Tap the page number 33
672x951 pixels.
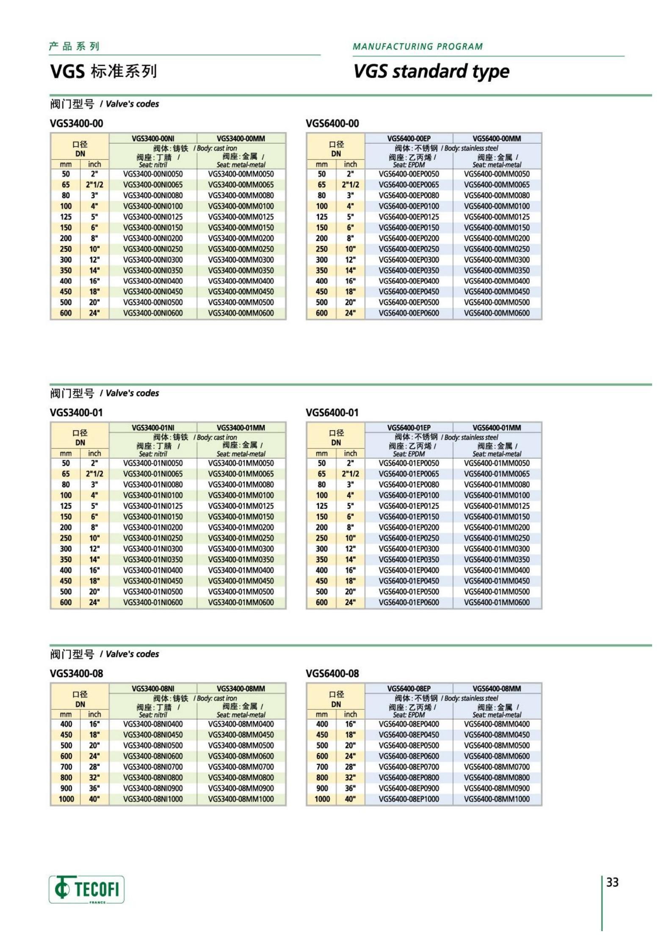click(x=612, y=882)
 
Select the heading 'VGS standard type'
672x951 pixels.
click(x=431, y=71)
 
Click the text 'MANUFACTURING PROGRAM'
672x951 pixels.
click(x=418, y=47)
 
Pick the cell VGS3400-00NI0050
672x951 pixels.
click(x=153, y=174)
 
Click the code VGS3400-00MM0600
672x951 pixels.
click(x=241, y=313)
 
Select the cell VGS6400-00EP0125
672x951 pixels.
click(x=409, y=217)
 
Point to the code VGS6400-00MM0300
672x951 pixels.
click(x=497, y=260)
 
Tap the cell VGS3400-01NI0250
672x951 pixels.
click(x=153, y=538)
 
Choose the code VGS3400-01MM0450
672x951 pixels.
click(x=241, y=581)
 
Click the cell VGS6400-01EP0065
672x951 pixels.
click(x=409, y=474)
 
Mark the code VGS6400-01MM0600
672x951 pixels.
click(x=497, y=602)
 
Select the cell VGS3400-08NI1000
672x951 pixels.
click(x=153, y=799)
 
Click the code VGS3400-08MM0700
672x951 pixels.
click(x=241, y=767)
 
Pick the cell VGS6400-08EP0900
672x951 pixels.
click(x=409, y=788)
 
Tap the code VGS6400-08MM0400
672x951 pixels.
click(x=497, y=724)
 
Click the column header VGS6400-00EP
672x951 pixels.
click(x=409, y=139)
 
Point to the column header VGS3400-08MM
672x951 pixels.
click(x=241, y=689)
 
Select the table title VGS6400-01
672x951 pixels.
click(x=332, y=413)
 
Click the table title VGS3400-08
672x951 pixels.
click(x=76, y=674)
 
